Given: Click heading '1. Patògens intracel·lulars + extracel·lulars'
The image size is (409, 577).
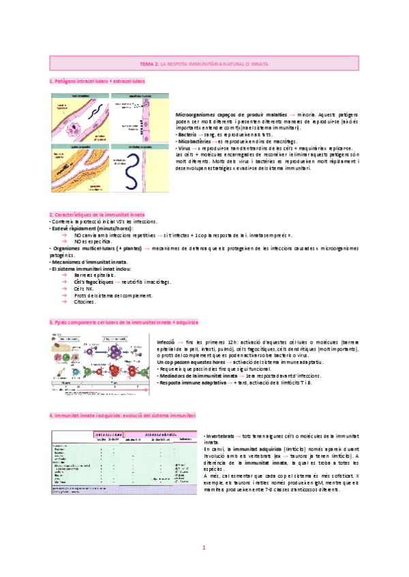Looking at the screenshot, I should click(x=97, y=81).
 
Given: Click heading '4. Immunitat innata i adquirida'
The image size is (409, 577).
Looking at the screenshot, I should click(x=122, y=414).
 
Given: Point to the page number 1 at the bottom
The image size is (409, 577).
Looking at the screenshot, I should click(x=204, y=547).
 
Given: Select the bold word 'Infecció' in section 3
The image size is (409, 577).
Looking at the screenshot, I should click(x=166, y=340).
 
